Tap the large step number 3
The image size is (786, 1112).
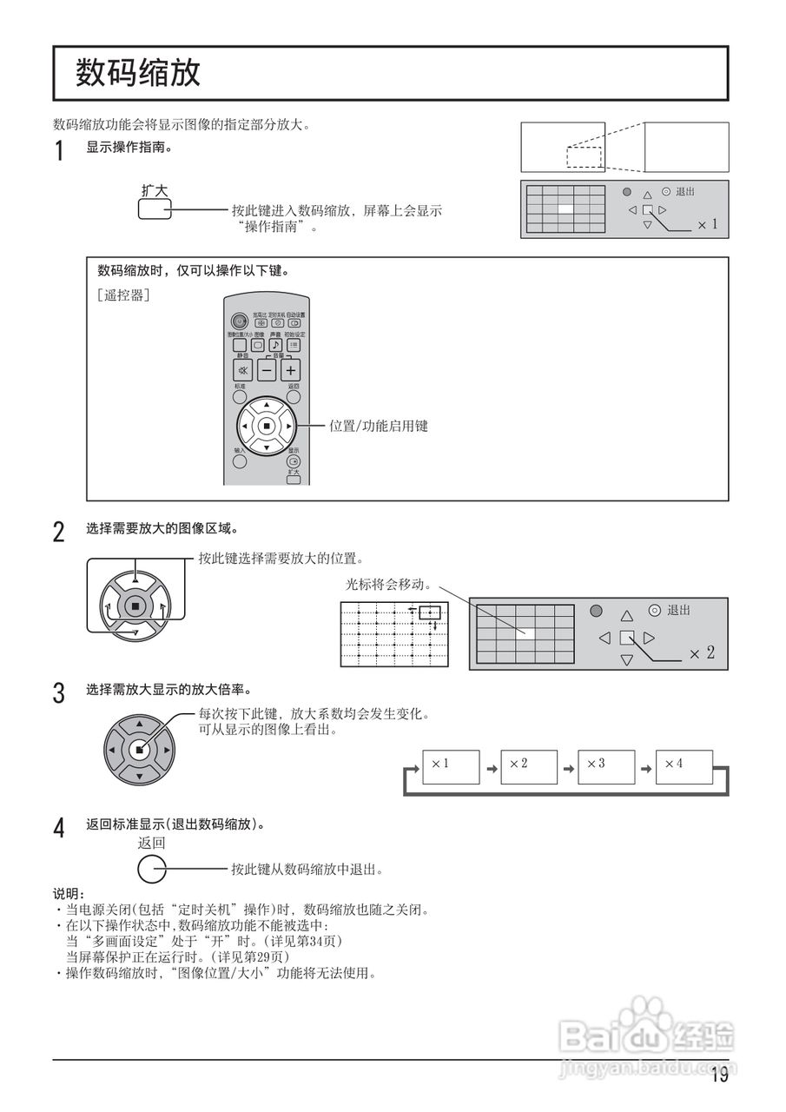[x=59, y=693]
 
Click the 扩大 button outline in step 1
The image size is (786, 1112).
[x=155, y=209]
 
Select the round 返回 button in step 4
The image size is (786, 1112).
[x=152, y=868]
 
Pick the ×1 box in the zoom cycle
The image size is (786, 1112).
[x=451, y=765]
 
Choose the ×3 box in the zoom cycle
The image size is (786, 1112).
[x=605, y=765]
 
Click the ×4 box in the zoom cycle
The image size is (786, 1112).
[x=684, y=765]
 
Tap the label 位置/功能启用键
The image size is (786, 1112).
[x=378, y=427]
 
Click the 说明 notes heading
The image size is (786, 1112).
[x=69, y=894]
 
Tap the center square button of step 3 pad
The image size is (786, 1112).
[x=139, y=749]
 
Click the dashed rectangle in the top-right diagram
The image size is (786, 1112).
[x=584, y=157]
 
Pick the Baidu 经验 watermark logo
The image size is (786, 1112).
[x=647, y=1034]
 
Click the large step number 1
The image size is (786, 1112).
[x=59, y=152]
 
